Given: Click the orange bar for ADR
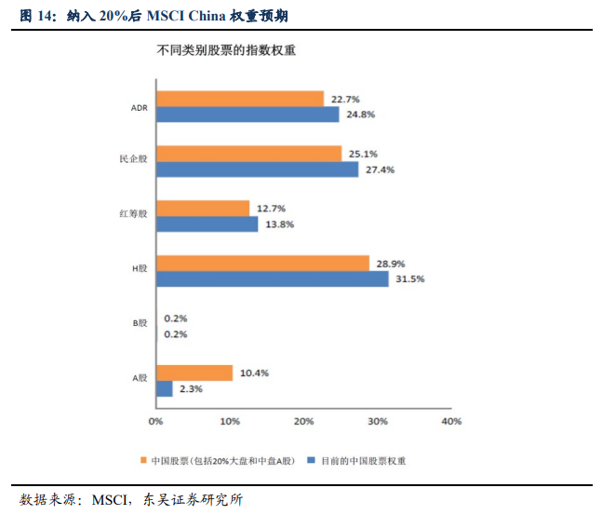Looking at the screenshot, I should click(240, 99).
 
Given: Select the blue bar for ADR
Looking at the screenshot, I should click(247, 115).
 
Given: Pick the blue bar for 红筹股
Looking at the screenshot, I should click(207, 224).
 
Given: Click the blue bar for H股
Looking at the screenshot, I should click(272, 278).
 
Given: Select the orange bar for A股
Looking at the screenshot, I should click(194, 373).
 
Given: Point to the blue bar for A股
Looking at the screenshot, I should click(165, 388).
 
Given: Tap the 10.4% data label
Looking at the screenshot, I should click(254, 373).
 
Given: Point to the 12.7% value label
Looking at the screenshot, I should click(271, 208).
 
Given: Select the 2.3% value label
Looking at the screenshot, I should click(192, 389).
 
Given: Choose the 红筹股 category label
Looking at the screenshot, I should click(133, 215).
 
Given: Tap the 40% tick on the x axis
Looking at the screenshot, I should click(451, 421).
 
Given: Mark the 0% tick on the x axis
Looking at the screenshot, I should click(156, 421).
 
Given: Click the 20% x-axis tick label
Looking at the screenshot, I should click(303, 421).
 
